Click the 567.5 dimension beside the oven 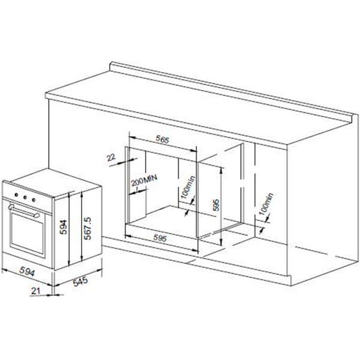tap(88, 228)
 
